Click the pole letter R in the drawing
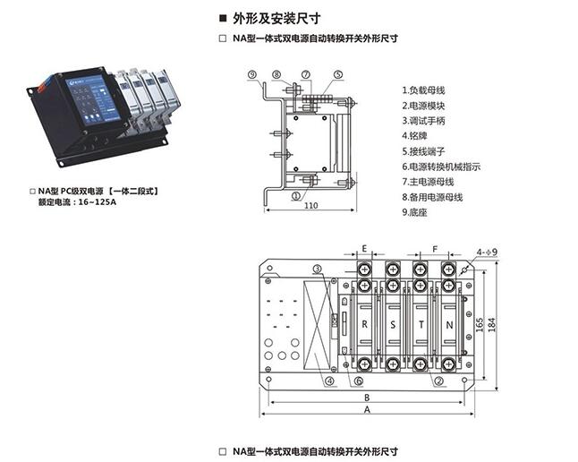366,323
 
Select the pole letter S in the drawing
394,323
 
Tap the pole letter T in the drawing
421,323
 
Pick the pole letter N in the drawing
449,323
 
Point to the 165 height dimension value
480,321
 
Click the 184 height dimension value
491,321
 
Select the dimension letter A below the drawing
367,408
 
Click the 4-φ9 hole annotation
486,252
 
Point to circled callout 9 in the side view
253,74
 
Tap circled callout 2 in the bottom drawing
439,381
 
